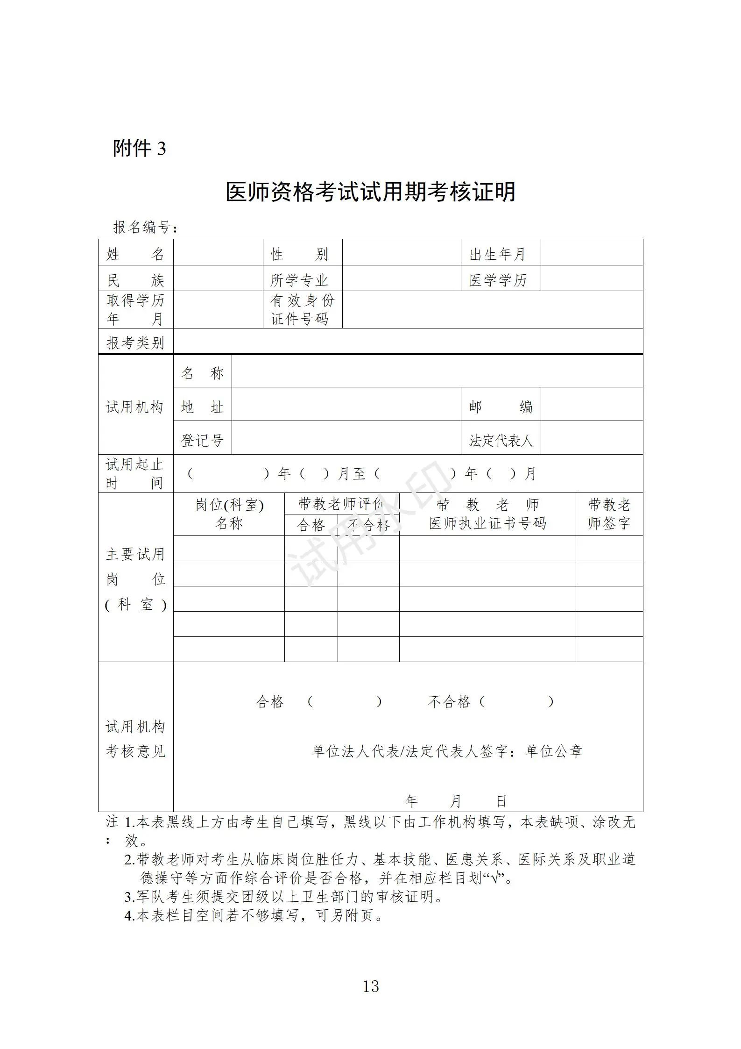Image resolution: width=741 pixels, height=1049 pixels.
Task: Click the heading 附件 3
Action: point(139,149)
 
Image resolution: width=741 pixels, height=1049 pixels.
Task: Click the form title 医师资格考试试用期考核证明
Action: point(370,192)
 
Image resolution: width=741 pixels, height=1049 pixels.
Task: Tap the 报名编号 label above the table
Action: point(145,228)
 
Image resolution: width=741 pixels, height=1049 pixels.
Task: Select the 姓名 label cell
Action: point(135,254)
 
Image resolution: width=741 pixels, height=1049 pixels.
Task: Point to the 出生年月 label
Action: point(498,254)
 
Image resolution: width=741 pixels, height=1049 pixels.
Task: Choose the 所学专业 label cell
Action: point(300,280)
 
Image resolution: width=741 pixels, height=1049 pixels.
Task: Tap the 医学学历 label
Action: point(498,280)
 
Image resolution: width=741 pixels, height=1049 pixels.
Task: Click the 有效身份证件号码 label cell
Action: point(302,309)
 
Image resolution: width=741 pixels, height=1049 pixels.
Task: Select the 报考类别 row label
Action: point(135,343)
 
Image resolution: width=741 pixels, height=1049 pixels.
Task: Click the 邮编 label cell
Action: point(501,407)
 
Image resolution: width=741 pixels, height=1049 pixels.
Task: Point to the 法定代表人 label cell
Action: point(501,440)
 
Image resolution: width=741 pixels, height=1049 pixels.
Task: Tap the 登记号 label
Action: point(202,440)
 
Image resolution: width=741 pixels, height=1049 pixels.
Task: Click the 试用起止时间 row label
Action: point(135,473)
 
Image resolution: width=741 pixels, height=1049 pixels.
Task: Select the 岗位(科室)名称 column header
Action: point(229,514)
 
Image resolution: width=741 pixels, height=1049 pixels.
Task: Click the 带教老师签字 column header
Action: point(609,514)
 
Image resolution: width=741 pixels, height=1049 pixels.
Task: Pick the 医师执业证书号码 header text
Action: point(487,523)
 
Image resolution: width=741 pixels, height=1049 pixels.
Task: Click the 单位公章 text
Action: point(554,751)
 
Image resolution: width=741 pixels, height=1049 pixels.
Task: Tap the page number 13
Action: point(371,986)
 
